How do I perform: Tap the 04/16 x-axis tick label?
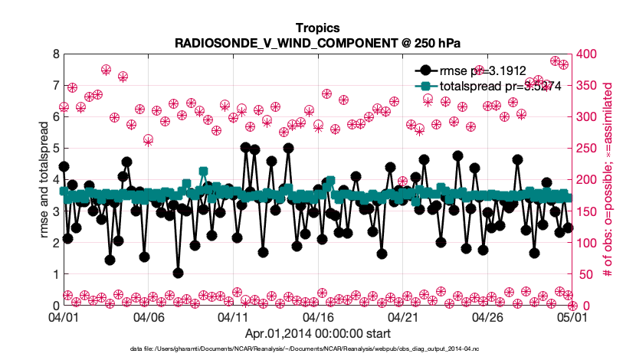318,316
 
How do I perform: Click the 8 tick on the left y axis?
56,54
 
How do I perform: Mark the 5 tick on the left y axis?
56,149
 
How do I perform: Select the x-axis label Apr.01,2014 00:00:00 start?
316,333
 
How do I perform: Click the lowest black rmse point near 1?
178,273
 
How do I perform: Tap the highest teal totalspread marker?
203,172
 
